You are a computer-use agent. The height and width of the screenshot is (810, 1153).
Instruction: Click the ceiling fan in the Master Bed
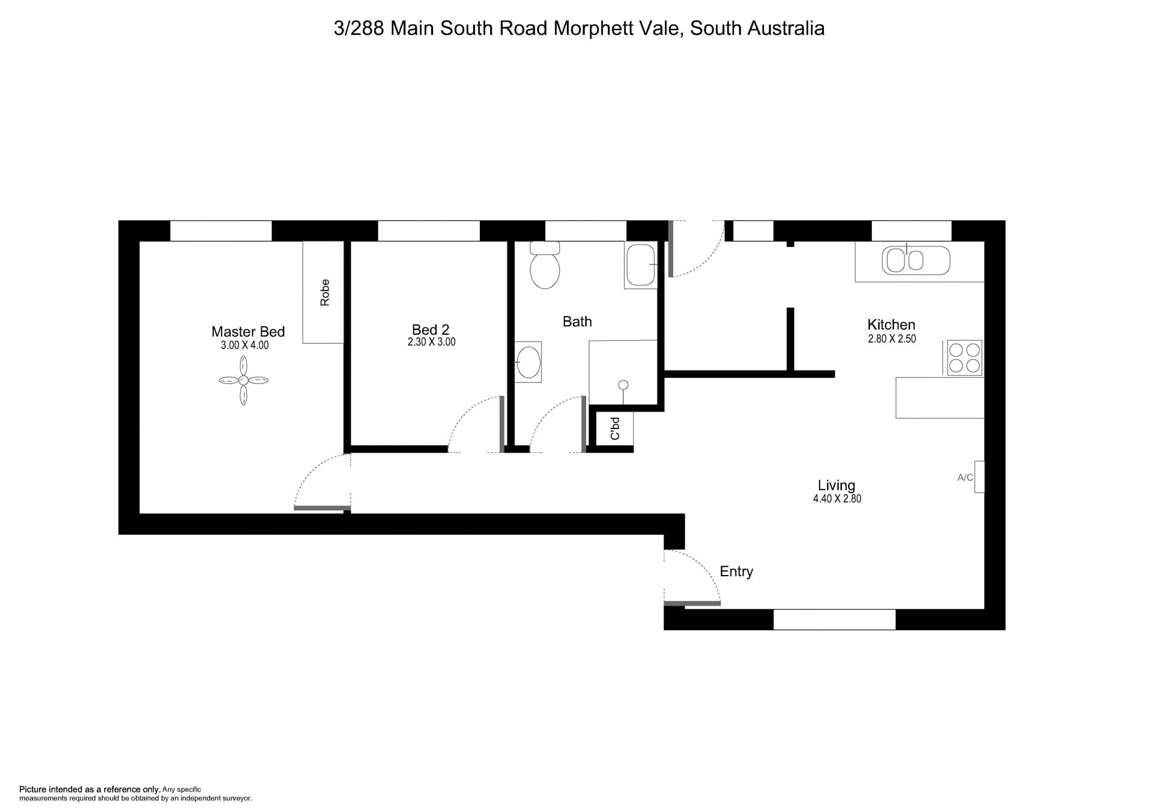pyautogui.click(x=243, y=380)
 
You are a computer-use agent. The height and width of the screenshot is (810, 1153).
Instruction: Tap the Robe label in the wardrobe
pyautogui.click(x=325, y=293)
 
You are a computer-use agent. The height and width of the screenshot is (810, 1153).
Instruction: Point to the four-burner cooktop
pyautogui.click(x=964, y=358)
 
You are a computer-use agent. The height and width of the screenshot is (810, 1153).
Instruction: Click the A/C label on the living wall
pyautogui.click(x=965, y=478)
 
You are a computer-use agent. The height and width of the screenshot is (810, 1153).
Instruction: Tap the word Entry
pyautogui.click(x=736, y=571)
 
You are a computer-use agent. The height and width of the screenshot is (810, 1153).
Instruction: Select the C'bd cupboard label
pyautogui.click(x=615, y=428)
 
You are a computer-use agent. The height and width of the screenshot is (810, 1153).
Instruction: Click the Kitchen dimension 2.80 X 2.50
pyautogui.click(x=892, y=339)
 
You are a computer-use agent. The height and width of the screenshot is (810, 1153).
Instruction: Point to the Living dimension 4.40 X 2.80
pyautogui.click(x=837, y=499)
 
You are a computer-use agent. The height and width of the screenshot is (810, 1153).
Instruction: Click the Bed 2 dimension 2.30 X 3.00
pyautogui.click(x=431, y=342)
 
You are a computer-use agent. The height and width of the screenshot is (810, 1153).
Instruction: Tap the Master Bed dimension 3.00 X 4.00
pyautogui.click(x=245, y=346)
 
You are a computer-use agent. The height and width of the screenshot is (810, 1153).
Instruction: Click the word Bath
pyautogui.click(x=577, y=321)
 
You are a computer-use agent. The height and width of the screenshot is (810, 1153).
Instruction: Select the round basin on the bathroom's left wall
pyautogui.click(x=528, y=362)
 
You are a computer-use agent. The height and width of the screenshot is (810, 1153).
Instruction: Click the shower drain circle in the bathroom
pyautogui.click(x=623, y=385)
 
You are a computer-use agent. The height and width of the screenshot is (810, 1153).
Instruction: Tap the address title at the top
pyautogui.click(x=579, y=28)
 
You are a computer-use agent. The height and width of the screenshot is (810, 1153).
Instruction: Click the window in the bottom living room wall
pyautogui.click(x=834, y=620)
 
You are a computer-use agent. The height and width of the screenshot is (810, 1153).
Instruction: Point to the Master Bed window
pyautogui.click(x=221, y=231)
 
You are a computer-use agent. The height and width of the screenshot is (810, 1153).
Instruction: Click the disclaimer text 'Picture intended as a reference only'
pyautogui.click(x=90, y=790)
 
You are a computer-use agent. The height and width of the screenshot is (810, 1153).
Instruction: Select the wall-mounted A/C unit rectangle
pyautogui.click(x=979, y=477)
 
